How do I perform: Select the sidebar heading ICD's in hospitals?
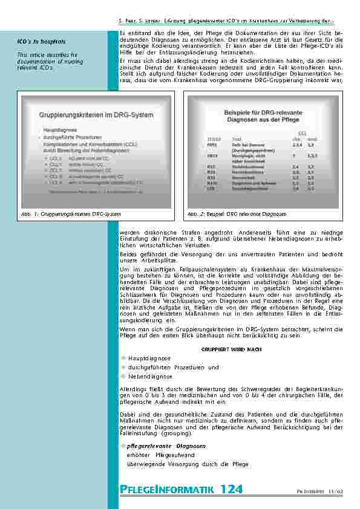click(41, 42)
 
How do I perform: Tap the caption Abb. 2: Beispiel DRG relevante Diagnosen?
click(237, 215)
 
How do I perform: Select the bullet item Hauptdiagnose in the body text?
click(149, 358)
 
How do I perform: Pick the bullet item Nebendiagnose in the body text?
click(150, 376)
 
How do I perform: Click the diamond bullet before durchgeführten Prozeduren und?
click(123, 367)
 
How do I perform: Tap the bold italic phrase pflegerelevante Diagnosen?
click(166, 446)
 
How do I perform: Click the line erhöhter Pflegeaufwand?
click(160, 455)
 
